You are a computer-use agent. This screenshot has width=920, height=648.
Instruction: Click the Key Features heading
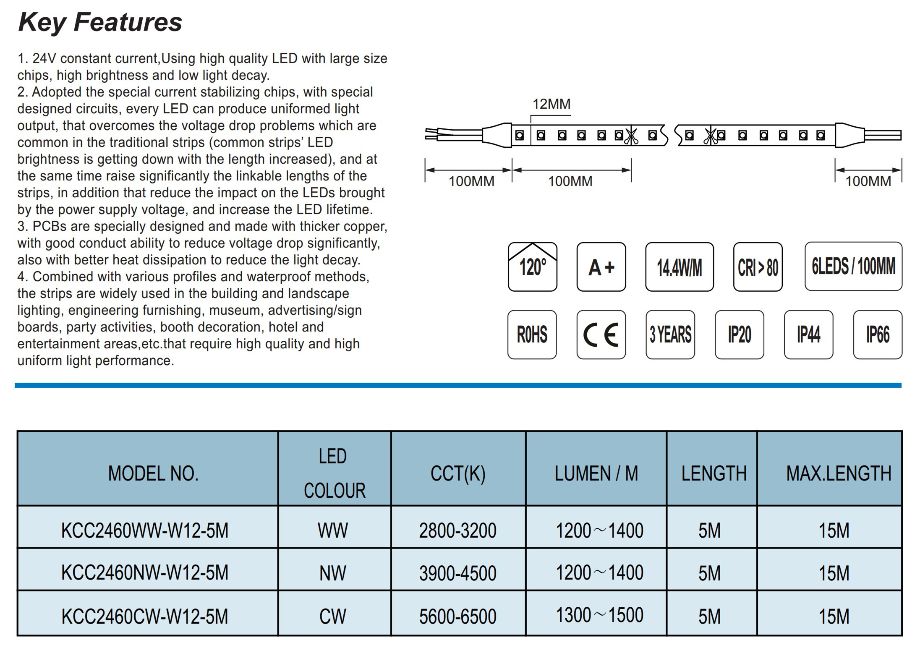click(x=100, y=22)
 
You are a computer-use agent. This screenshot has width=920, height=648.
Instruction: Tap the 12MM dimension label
click(x=551, y=104)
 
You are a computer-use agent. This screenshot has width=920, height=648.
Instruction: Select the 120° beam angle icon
click(x=532, y=267)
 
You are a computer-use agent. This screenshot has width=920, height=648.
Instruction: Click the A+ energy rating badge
click(x=601, y=267)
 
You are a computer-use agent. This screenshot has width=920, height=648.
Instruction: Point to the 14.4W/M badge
click(x=679, y=267)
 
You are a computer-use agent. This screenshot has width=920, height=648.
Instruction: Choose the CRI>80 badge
click(x=758, y=267)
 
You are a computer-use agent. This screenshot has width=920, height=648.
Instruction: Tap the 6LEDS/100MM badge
click(x=853, y=266)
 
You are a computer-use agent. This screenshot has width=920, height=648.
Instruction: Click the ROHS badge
click(x=532, y=334)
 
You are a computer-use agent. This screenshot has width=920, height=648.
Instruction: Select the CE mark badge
click(x=601, y=334)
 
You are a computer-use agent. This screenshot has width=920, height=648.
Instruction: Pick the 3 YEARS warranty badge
click(x=670, y=334)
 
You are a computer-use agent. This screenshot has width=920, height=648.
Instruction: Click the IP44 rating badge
click(x=808, y=334)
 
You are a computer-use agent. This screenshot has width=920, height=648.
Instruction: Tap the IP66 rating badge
click(x=878, y=334)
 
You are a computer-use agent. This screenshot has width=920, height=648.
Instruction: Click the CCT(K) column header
click(x=458, y=473)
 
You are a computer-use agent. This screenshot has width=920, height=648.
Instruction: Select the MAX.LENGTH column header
click(x=839, y=473)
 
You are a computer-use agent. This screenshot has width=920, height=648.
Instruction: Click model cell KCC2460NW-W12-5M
click(x=145, y=572)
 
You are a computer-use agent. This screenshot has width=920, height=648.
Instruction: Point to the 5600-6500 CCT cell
click(x=457, y=616)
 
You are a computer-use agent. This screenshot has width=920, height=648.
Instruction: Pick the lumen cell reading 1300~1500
click(x=599, y=615)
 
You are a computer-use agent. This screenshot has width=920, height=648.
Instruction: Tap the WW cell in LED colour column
click(x=332, y=530)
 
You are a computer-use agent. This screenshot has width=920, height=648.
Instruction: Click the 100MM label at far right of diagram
click(x=868, y=181)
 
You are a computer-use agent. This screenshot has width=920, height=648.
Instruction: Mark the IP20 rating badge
click(x=740, y=334)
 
